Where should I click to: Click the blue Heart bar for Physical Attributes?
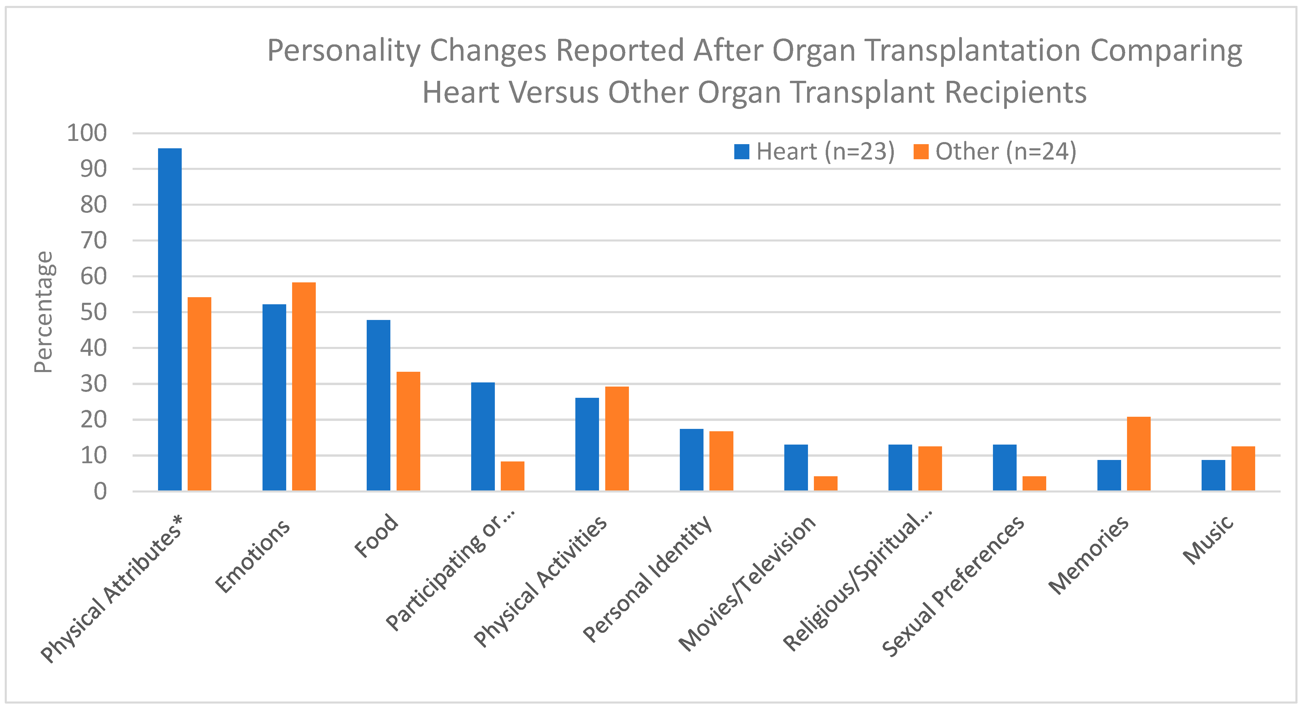click(x=170, y=319)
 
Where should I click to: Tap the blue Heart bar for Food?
click(x=378, y=405)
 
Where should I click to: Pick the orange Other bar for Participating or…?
click(x=512, y=476)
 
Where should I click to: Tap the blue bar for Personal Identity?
click(x=691, y=459)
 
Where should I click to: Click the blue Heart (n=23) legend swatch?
click(x=741, y=151)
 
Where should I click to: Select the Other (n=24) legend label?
click(x=1005, y=151)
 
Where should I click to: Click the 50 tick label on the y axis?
click(x=93, y=312)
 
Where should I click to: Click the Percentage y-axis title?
click(x=44, y=312)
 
